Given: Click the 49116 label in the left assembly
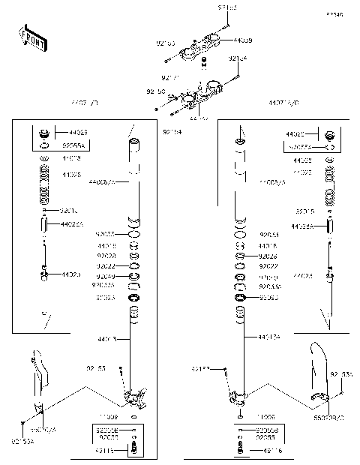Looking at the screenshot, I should (105, 449).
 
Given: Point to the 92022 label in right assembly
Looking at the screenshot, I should (268, 265).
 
